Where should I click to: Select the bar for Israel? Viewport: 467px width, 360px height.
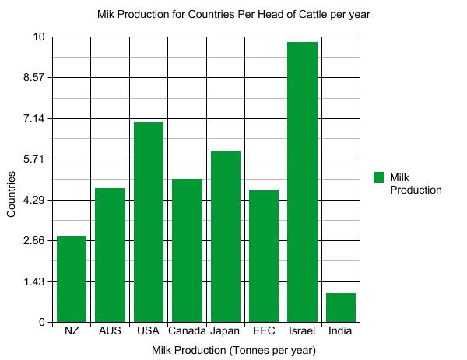[302, 182]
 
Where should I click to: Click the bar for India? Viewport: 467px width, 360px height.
[340, 307]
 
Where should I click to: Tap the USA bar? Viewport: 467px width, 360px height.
[148, 222]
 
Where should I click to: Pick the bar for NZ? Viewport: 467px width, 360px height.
[72, 279]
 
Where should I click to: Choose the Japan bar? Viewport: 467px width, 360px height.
[225, 236]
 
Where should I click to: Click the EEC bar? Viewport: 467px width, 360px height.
[264, 256]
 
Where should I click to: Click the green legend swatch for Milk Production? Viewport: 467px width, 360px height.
[379, 177]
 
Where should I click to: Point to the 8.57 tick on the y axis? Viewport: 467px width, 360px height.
[34, 78]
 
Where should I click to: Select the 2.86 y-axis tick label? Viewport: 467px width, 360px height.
[34, 240]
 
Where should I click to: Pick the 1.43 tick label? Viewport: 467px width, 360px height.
[34, 281]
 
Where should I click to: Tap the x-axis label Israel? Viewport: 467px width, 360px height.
[302, 331]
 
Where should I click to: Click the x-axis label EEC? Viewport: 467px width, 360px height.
[264, 331]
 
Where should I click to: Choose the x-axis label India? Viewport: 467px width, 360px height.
[340, 331]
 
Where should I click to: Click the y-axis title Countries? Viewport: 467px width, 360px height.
[11, 194]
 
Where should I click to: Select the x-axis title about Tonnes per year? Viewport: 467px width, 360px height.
[233, 351]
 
